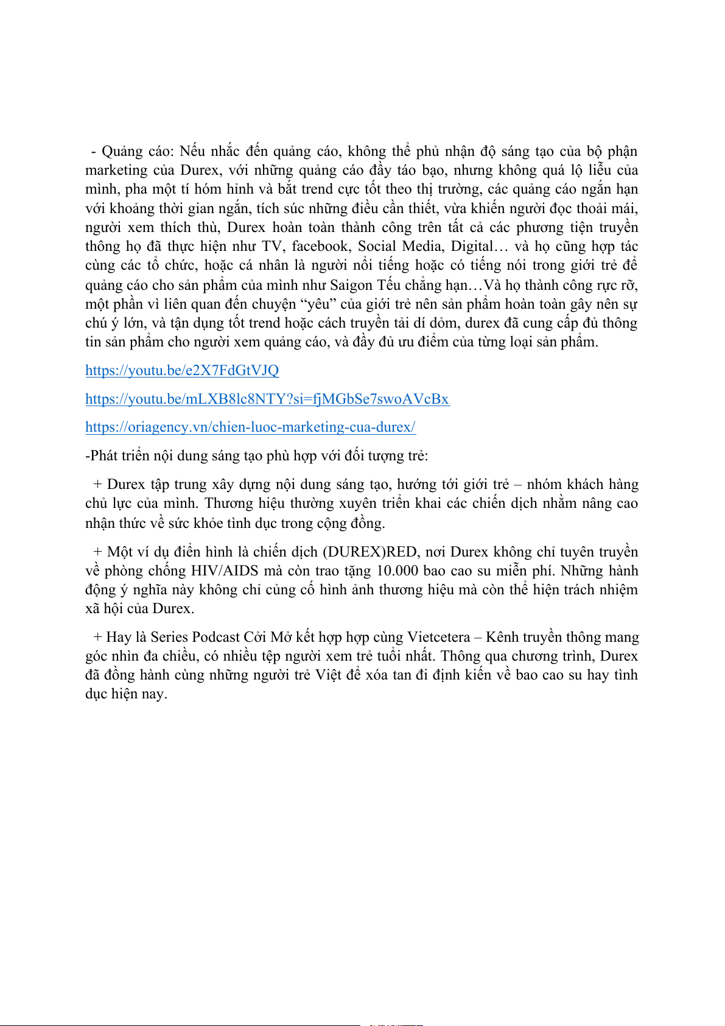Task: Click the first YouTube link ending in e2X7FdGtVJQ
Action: [182, 370]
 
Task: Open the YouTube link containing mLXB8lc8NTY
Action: [267, 399]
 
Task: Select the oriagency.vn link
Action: [250, 427]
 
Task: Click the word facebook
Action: [320, 246]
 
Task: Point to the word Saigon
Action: [351, 284]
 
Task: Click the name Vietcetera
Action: [438, 637]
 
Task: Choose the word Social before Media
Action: [377, 246]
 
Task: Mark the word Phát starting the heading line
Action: [103, 455]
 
